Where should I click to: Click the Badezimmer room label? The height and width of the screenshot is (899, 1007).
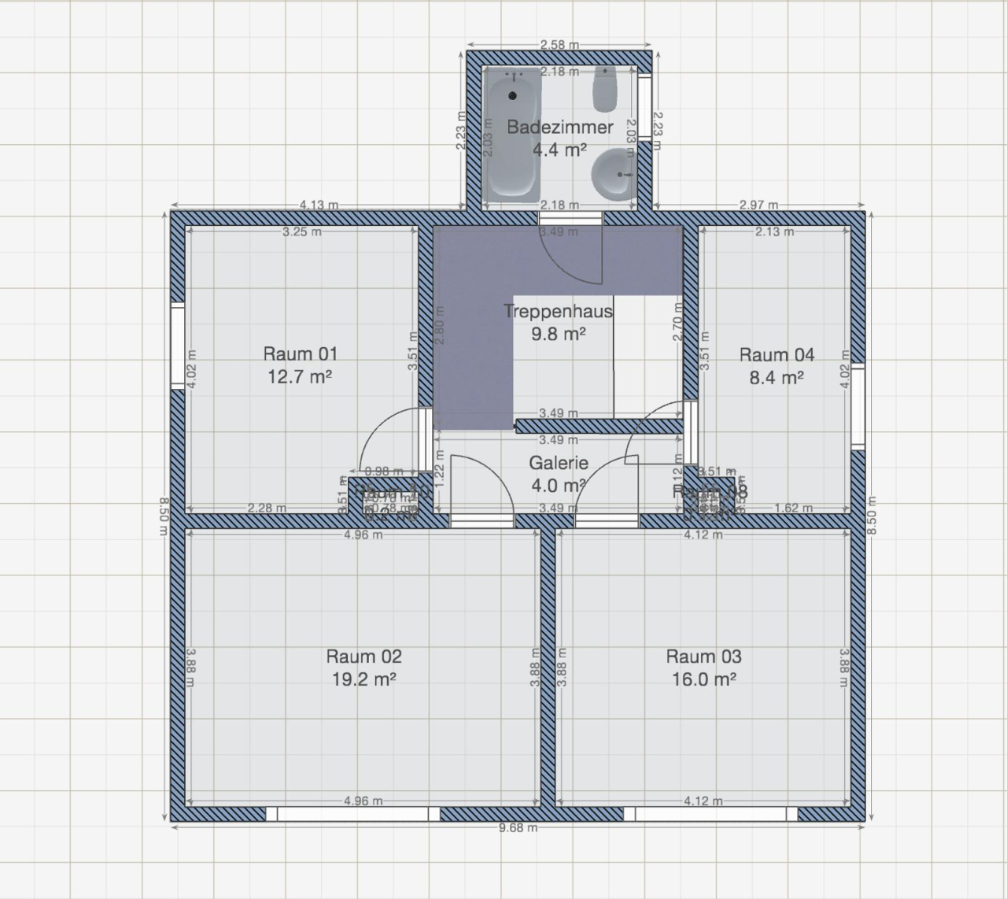[x=559, y=128]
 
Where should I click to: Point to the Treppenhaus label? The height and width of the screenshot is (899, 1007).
[x=558, y=312]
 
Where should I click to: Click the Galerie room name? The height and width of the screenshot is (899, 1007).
[x=558, y=464]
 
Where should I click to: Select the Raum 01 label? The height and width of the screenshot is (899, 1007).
[x=300, y=354]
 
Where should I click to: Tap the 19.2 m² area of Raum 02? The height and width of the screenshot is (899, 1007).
[x=363, y=679]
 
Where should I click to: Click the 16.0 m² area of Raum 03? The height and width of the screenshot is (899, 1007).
[x=703, y=679]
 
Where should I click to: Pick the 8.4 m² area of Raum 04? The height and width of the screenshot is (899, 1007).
[x=776, y=378]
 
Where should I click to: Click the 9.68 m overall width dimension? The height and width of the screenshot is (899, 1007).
[x=518, y=827]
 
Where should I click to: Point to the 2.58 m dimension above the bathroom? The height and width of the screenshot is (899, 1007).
[x=559, y=45]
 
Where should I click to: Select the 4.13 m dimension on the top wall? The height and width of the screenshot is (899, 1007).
[x=319, y=205]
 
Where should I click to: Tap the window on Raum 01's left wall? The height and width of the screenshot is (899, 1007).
[x=178, y=346]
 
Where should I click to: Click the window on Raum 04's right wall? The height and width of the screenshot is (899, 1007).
[x=858, y=406]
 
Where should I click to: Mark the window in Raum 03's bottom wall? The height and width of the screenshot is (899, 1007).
[x=710, y=814]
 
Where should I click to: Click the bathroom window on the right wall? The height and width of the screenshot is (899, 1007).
[x=644, y=107]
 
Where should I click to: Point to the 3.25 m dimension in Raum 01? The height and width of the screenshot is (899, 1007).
[x=302, y=232]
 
